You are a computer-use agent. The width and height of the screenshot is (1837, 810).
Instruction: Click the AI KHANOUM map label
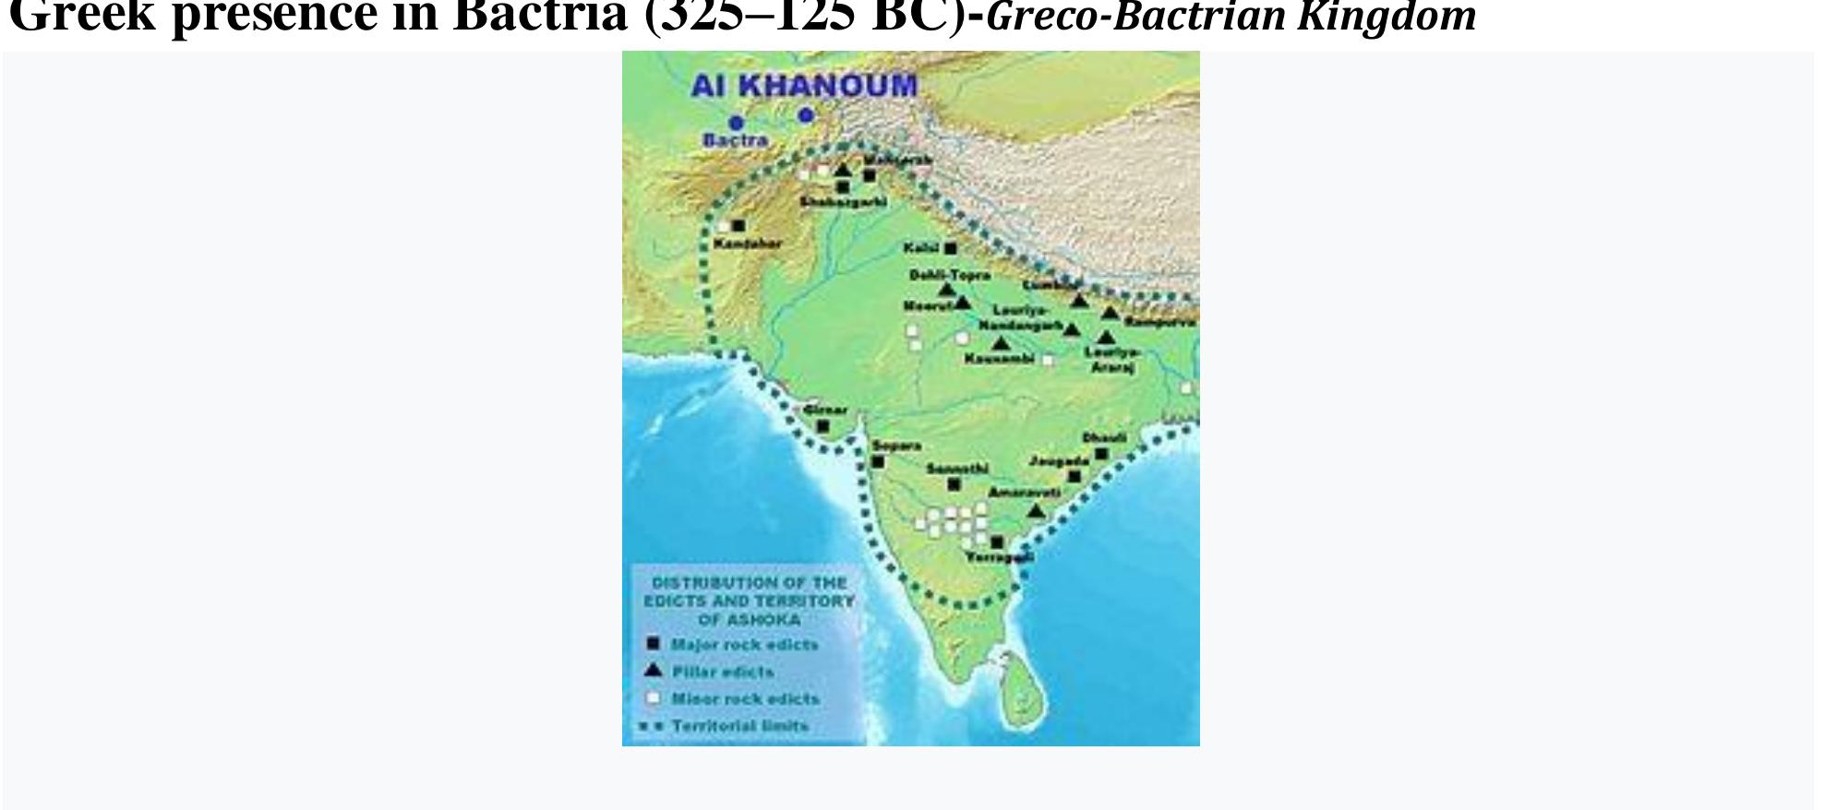804,86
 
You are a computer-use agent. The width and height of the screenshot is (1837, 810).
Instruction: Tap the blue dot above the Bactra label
736,123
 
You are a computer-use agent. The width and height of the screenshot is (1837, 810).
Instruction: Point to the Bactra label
735,140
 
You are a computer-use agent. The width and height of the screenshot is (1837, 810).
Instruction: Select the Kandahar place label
748,244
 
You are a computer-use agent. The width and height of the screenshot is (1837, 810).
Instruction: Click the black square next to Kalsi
951,248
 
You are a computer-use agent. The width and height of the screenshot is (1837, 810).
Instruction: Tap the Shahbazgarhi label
843,202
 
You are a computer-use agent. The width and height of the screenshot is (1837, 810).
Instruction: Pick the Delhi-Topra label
949,275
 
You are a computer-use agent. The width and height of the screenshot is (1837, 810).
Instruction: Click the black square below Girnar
823,426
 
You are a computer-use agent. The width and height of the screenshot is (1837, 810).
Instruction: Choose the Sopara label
896,446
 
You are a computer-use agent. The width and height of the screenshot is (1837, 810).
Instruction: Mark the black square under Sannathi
954,484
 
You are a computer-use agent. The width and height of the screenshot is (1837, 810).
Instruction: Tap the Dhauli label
1104,437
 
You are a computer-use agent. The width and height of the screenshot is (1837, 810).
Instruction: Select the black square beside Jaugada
1075,476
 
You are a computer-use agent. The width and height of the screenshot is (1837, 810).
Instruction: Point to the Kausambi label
999,359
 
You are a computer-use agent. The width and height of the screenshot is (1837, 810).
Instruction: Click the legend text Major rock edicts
744,645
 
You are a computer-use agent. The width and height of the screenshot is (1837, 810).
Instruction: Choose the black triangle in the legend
653,671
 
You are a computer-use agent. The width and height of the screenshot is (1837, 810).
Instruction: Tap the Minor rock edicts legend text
745,699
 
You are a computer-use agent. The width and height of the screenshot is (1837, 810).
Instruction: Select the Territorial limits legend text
739,726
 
